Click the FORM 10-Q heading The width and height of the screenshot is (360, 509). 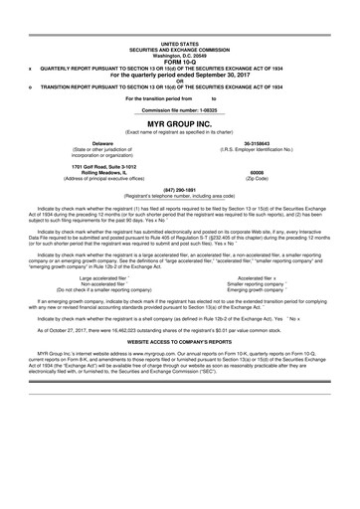pyautogui.click(x=179, y=63)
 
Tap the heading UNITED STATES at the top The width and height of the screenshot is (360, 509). pyautogui.click(x=179, y=44)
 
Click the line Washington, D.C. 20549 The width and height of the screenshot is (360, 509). pyautogui.click(x=179, y=56)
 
